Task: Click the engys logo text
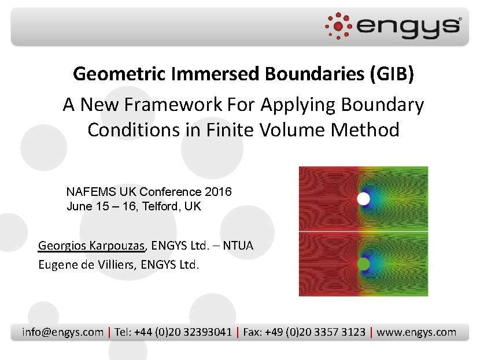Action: click(x=408, y=26)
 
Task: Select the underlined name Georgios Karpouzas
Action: click(x=91, y=246)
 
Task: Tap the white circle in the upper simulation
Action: click(x=363, y=199)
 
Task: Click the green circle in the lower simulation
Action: click(x=363, y=264)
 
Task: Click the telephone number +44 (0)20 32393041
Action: click(x=183, y=332)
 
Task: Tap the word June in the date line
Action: click(x=79, y=206)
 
